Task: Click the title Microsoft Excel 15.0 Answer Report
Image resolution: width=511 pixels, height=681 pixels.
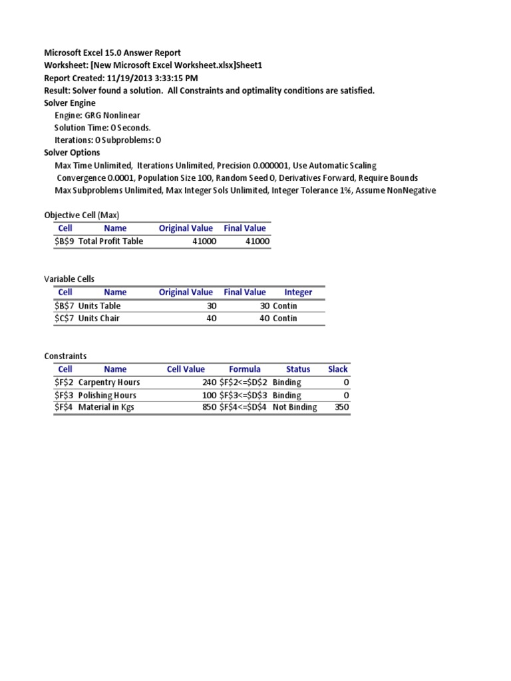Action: (x=112, y=53)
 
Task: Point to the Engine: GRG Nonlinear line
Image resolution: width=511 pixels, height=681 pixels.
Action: (x=97, y=115)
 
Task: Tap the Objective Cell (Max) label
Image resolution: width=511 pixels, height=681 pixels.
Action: (x=82, y=215)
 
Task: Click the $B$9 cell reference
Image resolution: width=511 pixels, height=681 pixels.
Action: (x=65, y=241)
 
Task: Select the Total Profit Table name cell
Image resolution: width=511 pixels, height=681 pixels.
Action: (x=110, y=241)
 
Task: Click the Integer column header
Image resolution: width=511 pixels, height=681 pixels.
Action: (x=298, y=292)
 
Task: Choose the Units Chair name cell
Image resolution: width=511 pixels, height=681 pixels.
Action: (x=100, y=318)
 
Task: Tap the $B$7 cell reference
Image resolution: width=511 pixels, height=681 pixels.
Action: (x=65, y=306)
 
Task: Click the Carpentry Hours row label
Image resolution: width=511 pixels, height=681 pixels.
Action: (x=109, y=382)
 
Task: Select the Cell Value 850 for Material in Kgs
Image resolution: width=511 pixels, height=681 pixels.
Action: (x=209, y=407)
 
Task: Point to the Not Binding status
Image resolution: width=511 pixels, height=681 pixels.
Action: (x=295, y=407)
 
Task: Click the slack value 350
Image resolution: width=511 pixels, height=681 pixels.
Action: (x=341, y=407)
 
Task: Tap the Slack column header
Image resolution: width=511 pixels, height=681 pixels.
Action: (x=338, y=369)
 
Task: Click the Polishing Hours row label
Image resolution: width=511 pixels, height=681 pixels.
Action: (x=107, y=395)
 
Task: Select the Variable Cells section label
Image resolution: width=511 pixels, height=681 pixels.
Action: (x=73, y=279)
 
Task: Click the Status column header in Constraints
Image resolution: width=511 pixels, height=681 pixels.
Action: (x=298, y=369)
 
